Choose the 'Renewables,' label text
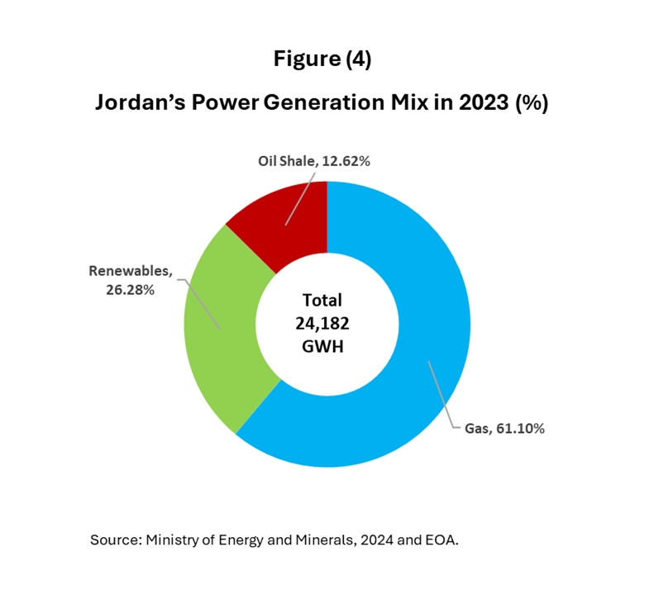(x=128, y=270)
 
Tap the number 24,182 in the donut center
(x=322, y=324)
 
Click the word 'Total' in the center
(x=322, y=300)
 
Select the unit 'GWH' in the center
(x=322, y=348)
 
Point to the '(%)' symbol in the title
(x=531, y=103)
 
